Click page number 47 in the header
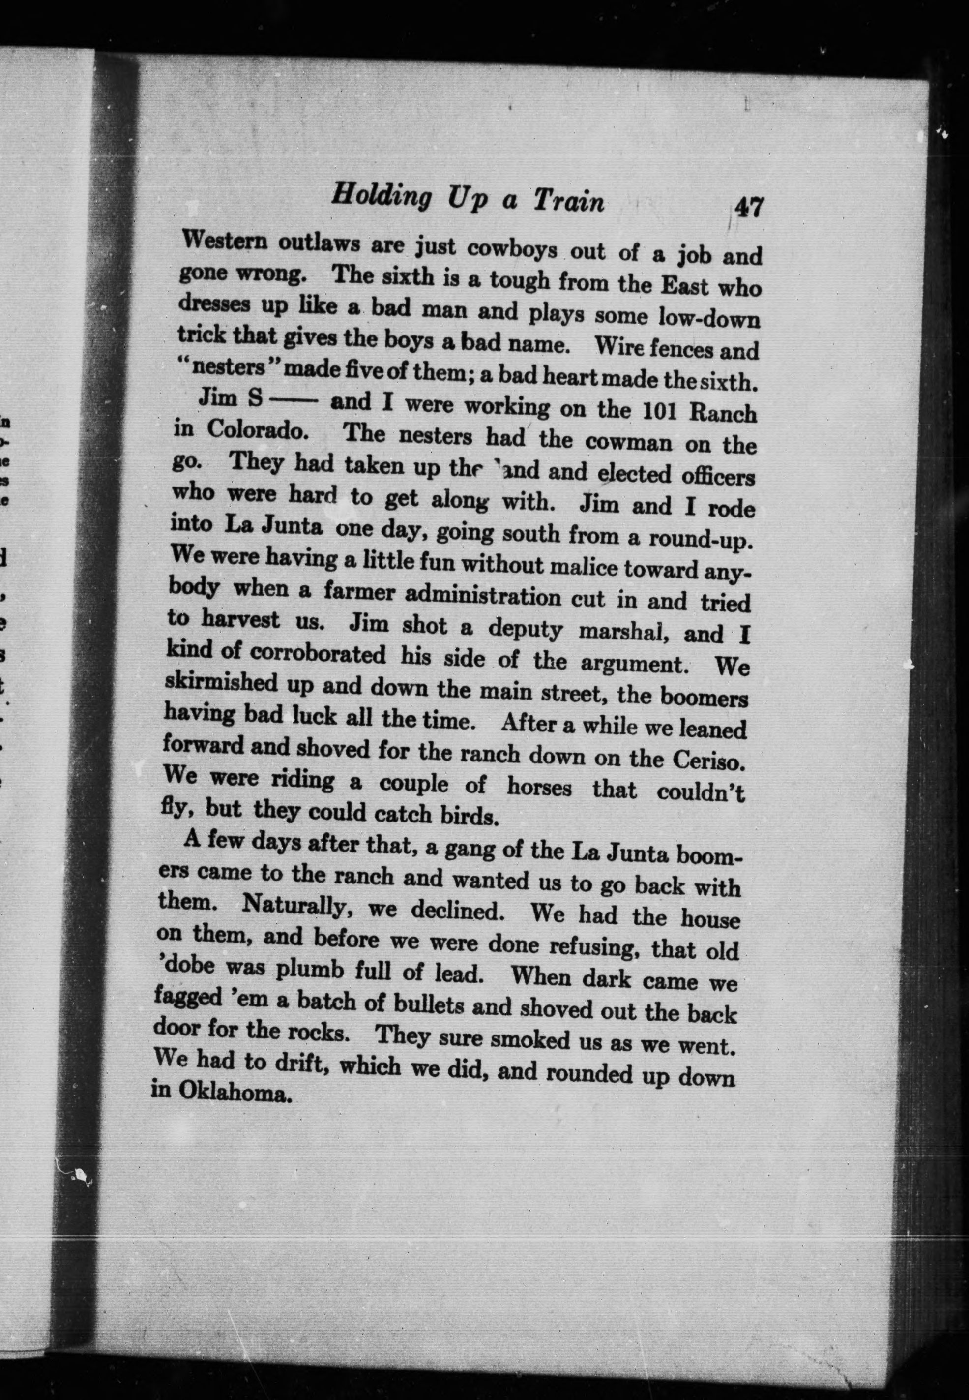pyautogui.click(x=747, y=208)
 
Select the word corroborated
pyautogui.click(x=318, y=654)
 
